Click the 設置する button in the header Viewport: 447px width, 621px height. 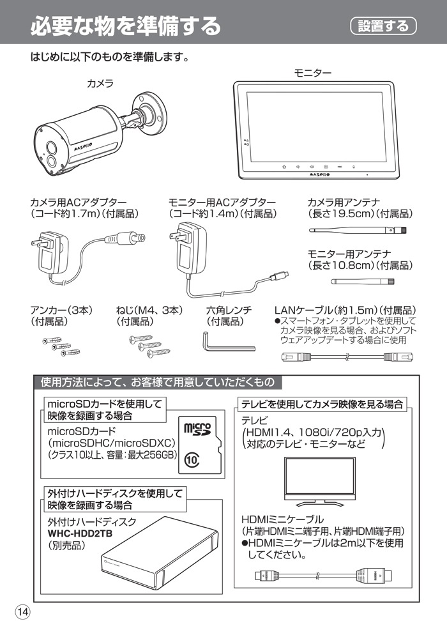[x=383, y=26]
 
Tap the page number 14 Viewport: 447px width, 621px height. [x=22, y=611]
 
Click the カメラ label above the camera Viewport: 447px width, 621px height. [x=100, y=84]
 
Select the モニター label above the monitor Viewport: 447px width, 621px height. [x=312, y=73]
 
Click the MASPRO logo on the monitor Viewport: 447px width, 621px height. [x=319, y=172]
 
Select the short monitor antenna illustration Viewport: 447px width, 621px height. [x=362, y=280]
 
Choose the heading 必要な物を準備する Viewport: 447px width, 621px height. [x=125, y=26]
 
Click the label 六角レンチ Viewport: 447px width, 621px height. [x=228, y=310]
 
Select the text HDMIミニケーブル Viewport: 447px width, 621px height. [x=282, y=519]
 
